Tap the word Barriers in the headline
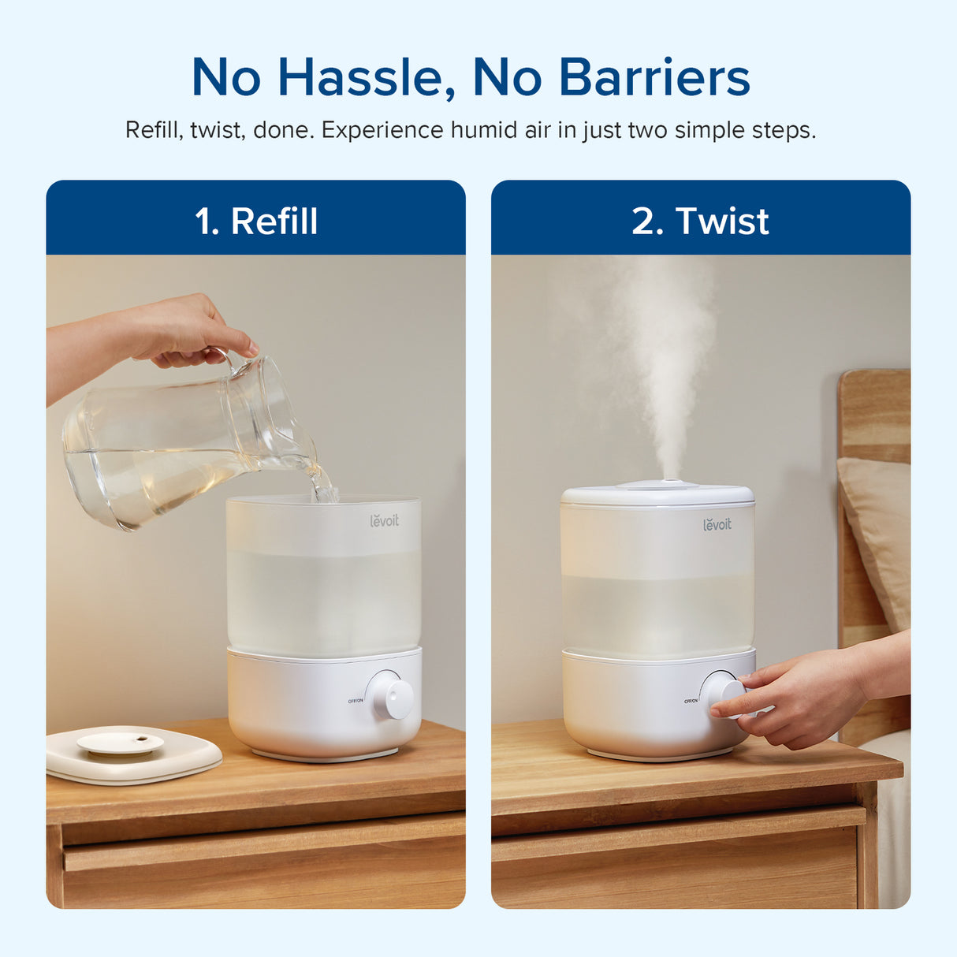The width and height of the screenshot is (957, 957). tap(654, 78)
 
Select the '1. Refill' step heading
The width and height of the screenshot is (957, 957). tap(256, 221)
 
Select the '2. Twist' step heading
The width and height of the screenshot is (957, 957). tap(700, 221)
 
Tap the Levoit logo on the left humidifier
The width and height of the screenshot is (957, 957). tap(385, 520)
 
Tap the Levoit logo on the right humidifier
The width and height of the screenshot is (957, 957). tap(717, 523)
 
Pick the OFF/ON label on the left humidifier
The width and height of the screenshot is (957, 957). tap(356, 701)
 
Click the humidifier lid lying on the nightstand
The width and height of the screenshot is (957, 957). tap(130, 753)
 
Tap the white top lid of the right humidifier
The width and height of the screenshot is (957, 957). tap(657, 494)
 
